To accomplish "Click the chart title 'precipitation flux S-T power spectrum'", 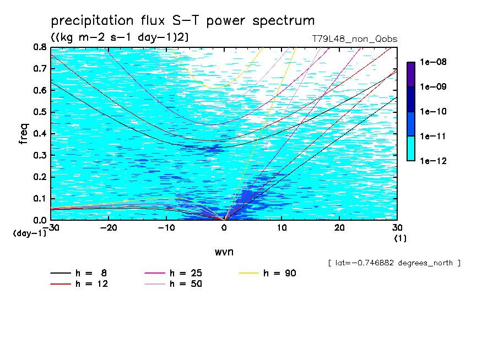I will click(183, 21).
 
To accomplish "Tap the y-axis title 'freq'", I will click(24, 134).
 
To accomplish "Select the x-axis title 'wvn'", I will click(224, 252).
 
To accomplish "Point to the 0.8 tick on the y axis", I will click(40, 47).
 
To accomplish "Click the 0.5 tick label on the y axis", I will click(40, 112).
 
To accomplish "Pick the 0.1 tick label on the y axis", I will click(40, 199).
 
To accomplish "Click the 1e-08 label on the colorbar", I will click(433, 62).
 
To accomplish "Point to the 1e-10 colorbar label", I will click(433, 111).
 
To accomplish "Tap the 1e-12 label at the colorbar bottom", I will click(433, 161).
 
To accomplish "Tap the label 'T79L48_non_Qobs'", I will click(354, 39).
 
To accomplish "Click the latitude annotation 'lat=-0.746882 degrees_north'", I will click(394, 263).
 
